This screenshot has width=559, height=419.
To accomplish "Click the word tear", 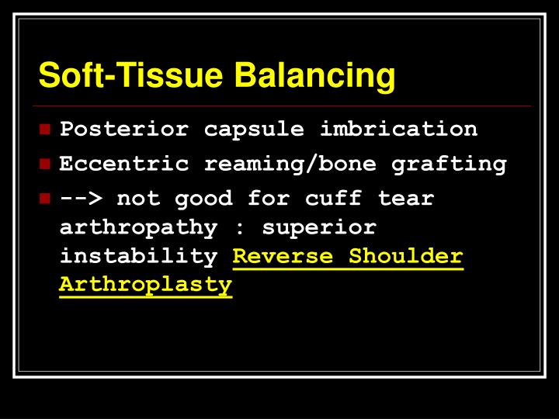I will coord(406,198).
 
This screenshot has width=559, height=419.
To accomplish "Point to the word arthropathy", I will coord(139,227).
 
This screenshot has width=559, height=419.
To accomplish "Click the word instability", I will coord(139,257).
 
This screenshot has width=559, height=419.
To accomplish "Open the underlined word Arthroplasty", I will coord(146,286).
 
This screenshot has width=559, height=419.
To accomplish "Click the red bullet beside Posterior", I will coord(46,129).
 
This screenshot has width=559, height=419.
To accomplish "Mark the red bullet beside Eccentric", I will coord(46,164).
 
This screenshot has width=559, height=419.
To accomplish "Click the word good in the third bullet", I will coord(203,198).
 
